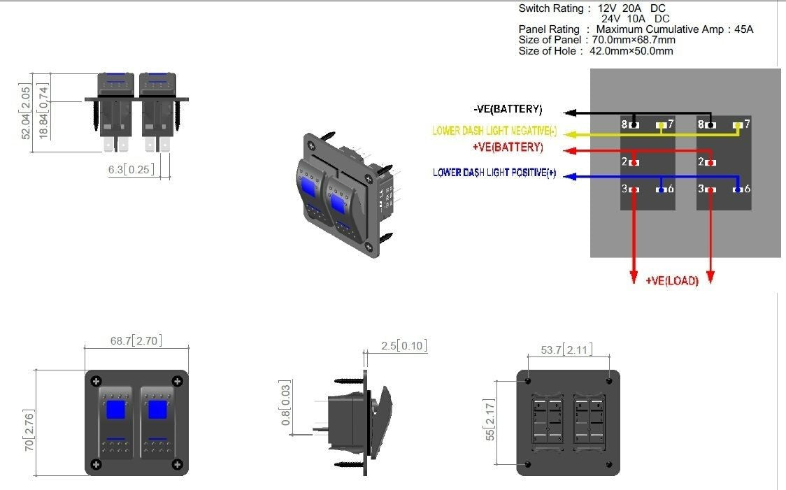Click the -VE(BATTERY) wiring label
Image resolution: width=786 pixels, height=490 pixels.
point(508,110)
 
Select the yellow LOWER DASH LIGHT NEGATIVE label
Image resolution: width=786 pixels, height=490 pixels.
point(494,131)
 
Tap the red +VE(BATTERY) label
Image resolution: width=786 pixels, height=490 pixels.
point(508,147)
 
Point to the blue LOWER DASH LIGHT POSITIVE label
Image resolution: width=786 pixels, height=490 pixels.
point(494,173)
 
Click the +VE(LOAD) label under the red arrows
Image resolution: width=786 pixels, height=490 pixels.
point(672,281)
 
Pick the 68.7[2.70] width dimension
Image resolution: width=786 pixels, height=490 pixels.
point(136,341)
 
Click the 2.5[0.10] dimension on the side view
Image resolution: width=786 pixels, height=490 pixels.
point(403,346)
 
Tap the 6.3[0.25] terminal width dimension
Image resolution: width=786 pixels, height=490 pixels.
point(131,169)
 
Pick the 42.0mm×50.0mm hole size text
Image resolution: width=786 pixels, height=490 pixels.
point(630,51)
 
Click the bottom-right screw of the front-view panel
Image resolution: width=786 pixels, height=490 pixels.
point(178,464)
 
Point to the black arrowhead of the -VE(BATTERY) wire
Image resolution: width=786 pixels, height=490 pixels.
point(571,112)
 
